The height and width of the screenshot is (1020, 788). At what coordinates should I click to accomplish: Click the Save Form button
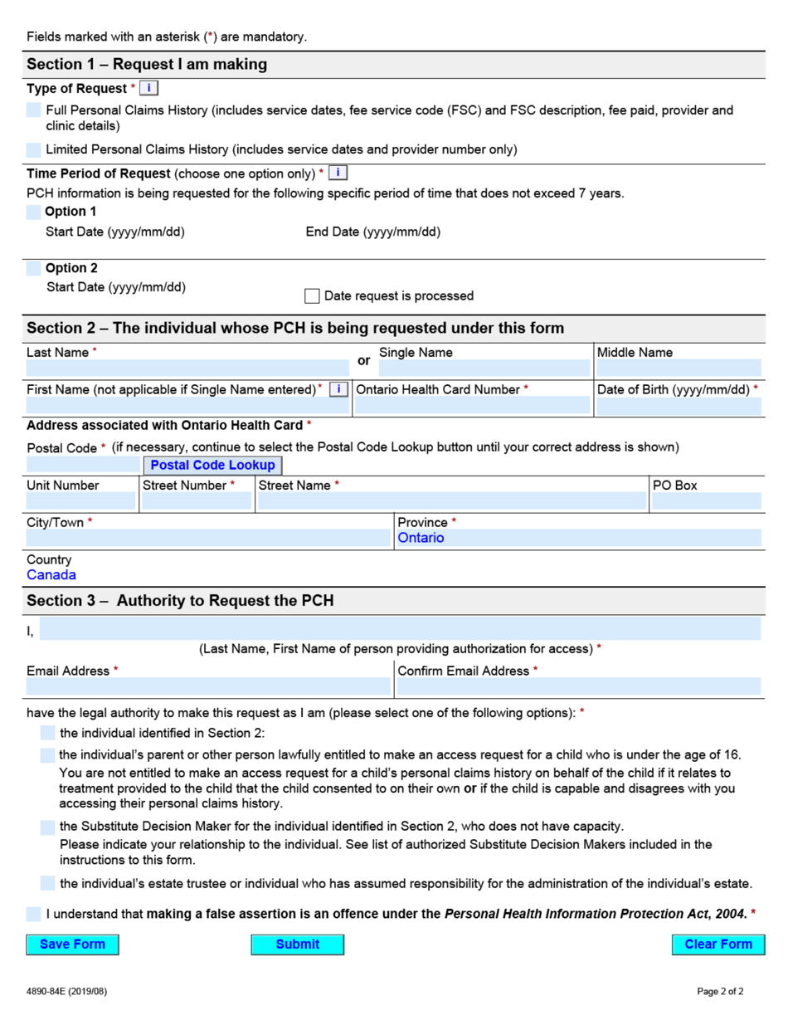pos(72,944)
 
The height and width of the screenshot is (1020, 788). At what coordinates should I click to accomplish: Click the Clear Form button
pos(717,944)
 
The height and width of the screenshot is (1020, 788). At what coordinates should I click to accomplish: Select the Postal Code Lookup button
pos(212,466)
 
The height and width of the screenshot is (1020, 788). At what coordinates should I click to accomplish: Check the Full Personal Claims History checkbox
pos(33,110)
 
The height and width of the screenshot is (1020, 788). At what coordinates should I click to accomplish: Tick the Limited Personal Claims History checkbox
pos(33,150)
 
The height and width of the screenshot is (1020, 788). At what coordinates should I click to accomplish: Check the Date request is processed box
pos(312,295)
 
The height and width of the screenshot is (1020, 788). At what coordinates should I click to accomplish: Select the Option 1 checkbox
pos(33,212)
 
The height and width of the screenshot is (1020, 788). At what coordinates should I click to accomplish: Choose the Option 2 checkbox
pos(33,268)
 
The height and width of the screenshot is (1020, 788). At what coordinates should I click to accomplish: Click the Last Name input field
pos(187,368)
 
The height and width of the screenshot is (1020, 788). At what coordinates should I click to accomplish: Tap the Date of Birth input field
pos(679,406)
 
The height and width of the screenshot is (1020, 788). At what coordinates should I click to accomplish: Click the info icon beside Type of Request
pos(148,88)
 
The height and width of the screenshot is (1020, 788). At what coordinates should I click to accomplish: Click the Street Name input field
pos(451,500)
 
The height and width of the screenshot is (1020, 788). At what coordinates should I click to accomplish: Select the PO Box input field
pos(705,500)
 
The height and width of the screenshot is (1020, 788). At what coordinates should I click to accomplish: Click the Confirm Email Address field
pos(578,686)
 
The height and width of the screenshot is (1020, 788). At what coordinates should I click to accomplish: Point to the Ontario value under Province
pos(421,538)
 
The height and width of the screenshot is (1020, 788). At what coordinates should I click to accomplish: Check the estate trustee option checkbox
pos(48,883)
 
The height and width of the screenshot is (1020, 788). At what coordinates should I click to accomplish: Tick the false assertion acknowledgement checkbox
pos(33,914)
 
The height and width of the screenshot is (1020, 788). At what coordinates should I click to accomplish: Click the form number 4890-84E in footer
pos(66,992)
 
